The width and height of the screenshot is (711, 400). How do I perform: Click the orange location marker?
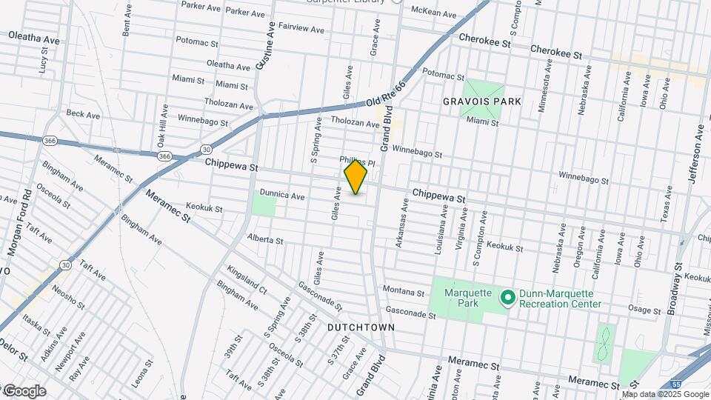(356, 177)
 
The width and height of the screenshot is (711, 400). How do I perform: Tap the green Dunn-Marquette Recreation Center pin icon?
(508, 298)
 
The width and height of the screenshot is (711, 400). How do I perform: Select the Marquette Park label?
(468, 298)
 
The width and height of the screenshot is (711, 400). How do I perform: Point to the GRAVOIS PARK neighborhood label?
(493, 101)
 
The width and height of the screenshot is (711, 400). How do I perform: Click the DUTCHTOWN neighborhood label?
(361, 327)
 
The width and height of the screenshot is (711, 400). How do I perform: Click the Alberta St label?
(265, 240)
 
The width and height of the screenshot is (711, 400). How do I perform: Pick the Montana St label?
(404, 290)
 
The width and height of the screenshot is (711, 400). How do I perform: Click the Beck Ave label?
(83, 115)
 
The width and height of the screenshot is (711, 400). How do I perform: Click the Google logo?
(24, 391)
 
